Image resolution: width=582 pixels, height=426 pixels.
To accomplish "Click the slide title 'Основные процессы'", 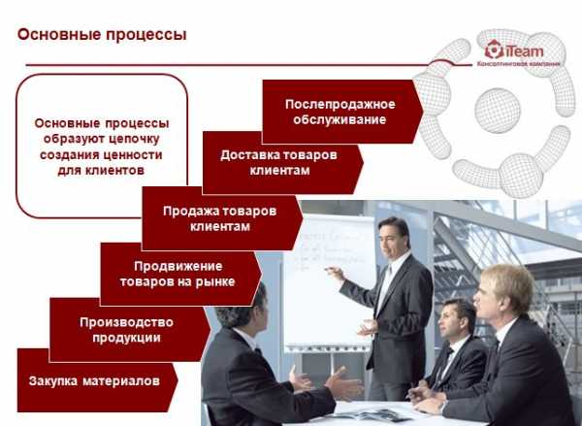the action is pos(102,35).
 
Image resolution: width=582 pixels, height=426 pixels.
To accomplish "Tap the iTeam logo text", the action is pos(524,51).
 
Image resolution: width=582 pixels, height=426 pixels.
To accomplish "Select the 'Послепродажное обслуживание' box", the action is pos(342,112).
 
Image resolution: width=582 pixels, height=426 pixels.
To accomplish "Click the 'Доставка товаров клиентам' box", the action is pos(282,163).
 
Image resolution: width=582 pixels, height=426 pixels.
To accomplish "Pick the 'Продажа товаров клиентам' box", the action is pos(222,218).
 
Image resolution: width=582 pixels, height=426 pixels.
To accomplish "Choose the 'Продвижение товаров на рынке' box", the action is pos(180,274).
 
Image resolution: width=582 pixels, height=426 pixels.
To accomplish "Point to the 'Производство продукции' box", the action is pos(130,330).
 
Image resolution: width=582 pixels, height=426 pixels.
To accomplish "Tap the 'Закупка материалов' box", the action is pos(97,380).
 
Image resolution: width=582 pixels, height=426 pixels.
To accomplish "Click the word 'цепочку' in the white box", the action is pos(135,140).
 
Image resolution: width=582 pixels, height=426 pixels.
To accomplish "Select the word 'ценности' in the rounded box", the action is pos(139,154).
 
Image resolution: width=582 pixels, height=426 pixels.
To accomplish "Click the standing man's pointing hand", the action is pos(335,274).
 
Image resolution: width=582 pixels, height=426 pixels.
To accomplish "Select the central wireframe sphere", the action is pos(498,111).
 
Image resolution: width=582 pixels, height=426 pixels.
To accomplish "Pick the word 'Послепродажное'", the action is pos(340,105).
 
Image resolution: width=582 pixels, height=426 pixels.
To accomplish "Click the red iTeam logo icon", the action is pos(494,49).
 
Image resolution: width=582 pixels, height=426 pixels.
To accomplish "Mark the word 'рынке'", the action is pos(218,281).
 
